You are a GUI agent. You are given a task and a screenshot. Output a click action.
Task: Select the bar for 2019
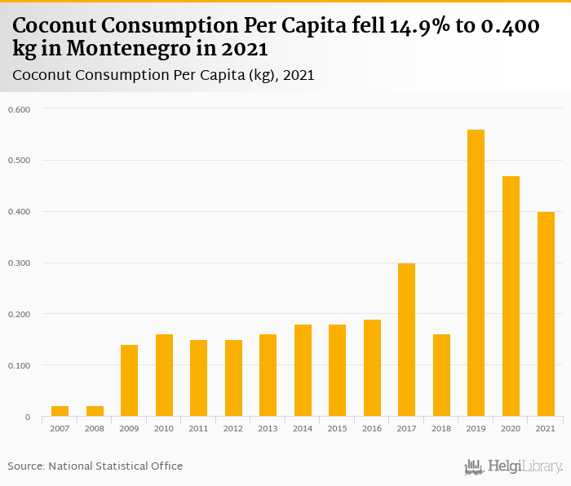(x=476, y=273)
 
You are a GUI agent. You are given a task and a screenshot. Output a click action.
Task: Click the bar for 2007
(x=60, y=411)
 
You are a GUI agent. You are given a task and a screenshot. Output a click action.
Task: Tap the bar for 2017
(x=406, y=340)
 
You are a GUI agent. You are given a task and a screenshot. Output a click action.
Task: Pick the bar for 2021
(x=545, y=314)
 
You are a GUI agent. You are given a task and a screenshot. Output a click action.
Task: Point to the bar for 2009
(x=129, y=381)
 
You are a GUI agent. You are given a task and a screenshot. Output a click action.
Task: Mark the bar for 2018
(x=441, y=375)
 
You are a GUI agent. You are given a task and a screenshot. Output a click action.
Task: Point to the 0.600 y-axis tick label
(x=19, y=108)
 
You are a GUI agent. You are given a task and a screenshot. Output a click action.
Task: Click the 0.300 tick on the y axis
(x=19, y=263)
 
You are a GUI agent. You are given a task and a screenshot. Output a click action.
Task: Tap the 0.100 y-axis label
(x=19, y=365)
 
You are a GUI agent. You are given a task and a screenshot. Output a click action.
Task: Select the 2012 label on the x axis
(x=233, y=428)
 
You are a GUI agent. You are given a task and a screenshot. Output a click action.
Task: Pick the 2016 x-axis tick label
(x=372, y=428)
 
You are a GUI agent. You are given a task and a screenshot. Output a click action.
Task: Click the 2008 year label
(x=95, y=428)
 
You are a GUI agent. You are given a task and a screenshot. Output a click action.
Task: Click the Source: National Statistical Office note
(x=95, y=466)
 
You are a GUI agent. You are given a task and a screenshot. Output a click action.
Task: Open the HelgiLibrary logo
(x=514, y=466)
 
